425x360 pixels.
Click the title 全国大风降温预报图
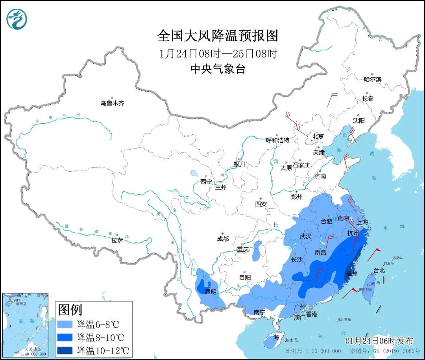pos(218,36)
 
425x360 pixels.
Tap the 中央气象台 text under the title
pos(218,69)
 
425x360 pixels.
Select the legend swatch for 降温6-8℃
pos(65,325)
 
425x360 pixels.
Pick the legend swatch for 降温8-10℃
pos(65,338)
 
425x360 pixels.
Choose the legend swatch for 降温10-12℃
pos(65,350)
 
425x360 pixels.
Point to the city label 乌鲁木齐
pos(112,103)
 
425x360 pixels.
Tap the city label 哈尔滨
pos(372,79)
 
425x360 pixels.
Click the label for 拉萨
pos(117,240)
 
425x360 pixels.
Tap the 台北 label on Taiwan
pos(379,271)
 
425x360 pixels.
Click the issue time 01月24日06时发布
pos(379,341)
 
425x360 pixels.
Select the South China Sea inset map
pos(25,325)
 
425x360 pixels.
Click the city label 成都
pos(222,239)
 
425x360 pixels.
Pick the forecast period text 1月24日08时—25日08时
pos(218,54)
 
